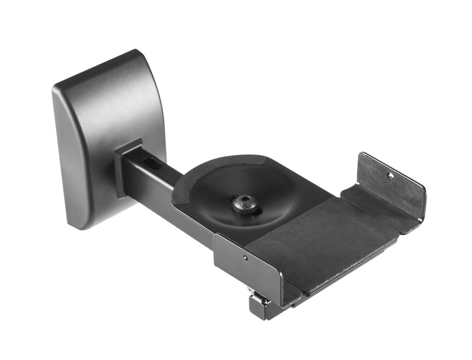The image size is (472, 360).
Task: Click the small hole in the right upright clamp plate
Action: [390, 175]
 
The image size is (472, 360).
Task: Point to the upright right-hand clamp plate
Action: [396, 185]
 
